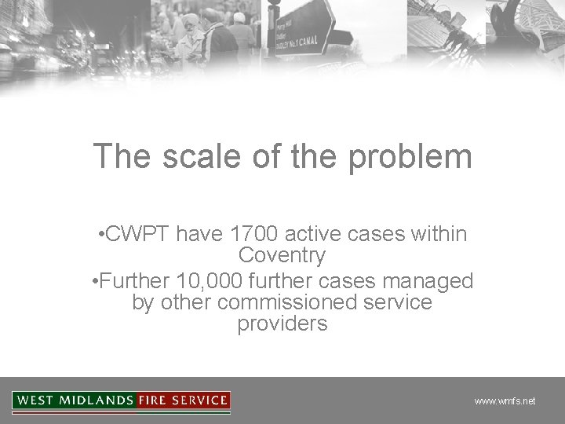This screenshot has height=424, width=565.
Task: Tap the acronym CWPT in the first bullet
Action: [139, 234]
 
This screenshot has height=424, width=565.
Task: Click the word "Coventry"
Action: [282, 256]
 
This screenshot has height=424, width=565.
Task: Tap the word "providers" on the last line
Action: [282, 324]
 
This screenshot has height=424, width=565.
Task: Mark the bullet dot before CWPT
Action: [103, 235]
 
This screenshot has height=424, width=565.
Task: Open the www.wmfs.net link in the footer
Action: [505, 401]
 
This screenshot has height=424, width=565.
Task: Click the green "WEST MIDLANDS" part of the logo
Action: [75, 400]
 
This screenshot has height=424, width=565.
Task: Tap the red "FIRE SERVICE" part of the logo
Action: [183, 400]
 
